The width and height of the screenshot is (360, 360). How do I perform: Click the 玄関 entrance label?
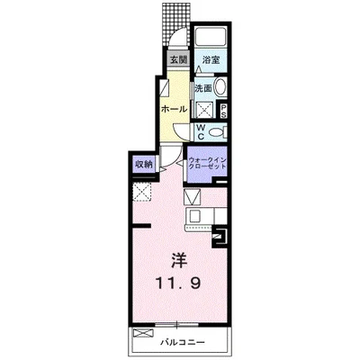click(x=179, y=60)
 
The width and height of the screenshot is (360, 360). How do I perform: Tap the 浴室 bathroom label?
click(x=211, y=60)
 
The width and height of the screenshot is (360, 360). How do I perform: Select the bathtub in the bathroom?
click(x=211, y=37)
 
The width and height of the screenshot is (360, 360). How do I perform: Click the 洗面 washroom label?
click(x=203, y=88)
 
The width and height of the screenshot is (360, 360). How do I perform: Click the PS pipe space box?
click(x=223, y=111)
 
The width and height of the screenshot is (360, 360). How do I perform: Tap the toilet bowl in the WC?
click(x=217, y=132)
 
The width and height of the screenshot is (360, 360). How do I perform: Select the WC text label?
click(x=201, y=132)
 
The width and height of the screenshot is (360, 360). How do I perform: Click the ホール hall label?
click(x=174, y=109)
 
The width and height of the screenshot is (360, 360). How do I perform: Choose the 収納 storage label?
click(x=144, y=165)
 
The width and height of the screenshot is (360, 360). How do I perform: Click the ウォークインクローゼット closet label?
click(x=207, y=164)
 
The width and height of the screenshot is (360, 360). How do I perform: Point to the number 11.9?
click(x=178, y=283)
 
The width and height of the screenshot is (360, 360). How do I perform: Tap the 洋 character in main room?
click(x=179, y=261)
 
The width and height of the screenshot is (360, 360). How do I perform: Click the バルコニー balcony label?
click(x=183, y=342)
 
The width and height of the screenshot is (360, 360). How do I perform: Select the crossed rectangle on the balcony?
click(x=143, y=333)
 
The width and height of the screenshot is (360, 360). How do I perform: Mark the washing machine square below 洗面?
click(x=204, y=110)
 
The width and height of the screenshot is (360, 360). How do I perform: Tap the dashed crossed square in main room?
click(x=142, y=193)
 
